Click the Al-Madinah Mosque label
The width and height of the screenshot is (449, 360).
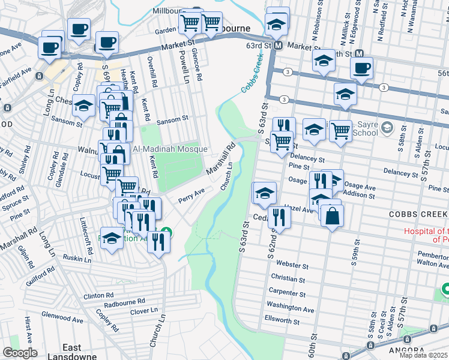point(170,149)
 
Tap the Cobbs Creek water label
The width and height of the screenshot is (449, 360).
point(253,75)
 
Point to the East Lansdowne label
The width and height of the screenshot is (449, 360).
point(72,352)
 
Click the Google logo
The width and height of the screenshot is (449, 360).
point(20,353)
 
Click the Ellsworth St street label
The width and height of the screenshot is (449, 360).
point(282,321)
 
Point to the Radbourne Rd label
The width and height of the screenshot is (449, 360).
point(125,302)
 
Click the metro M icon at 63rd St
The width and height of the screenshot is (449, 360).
point(278,46)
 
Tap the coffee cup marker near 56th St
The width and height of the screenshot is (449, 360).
point(361,68)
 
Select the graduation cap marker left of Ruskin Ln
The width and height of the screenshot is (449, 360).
point(112,238)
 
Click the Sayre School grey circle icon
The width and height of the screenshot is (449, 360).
point(387,127)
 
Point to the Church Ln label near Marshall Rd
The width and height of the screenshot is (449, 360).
point(226,180)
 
